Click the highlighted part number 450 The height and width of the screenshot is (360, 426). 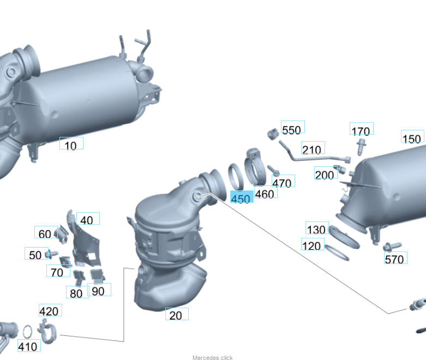point(242,197)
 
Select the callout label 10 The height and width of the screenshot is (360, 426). point(71,143)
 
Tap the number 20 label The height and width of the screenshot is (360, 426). point(177,314)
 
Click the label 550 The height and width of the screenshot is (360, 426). point(292,127)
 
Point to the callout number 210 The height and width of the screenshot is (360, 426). point(313,148)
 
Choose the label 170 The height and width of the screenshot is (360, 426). point(361,129)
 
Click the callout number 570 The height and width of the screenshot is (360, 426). point(395,258)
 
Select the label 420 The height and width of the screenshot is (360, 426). point(50,310)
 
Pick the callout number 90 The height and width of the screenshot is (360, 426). point(99,290)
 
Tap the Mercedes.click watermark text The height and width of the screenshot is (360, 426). point(213,358)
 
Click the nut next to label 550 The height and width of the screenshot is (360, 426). point(273,134)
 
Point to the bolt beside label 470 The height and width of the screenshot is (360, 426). point(274,170)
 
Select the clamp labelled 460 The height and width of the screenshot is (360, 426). point(255,167)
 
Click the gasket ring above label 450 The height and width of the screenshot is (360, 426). point(236,177)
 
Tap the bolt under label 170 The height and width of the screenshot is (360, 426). point(361,146)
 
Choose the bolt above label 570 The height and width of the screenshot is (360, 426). point(392,246)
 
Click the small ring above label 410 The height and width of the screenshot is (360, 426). point(27,332)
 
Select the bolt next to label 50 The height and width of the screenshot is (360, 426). point(52,254)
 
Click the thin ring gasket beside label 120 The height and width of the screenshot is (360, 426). point(337,253)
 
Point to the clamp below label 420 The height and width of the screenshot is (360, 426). point(47,331)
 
